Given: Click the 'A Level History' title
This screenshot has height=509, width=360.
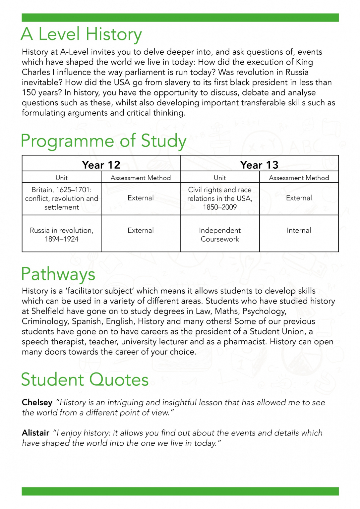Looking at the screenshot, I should [81, 34].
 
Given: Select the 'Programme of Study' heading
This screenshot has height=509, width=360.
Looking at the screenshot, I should [103, 141].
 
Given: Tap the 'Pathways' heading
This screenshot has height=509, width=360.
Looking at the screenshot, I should [58, 274].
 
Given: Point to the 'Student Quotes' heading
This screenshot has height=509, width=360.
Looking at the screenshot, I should [85, 379].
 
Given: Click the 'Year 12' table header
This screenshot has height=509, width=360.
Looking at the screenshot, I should [101, 165].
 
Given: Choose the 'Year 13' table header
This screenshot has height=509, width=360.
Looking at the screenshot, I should [259, 165].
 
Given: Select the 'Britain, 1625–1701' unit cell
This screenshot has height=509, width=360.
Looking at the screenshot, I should [62, 198].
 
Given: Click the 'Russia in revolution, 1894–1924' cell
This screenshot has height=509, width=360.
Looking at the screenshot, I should [62, 235].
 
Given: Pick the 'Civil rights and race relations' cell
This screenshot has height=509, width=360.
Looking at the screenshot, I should [220, 198].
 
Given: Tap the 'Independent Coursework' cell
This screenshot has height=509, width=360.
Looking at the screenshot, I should [220, 235].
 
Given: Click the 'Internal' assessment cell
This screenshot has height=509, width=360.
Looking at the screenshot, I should [299, 230].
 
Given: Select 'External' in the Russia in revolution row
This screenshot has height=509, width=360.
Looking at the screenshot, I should [141, 230].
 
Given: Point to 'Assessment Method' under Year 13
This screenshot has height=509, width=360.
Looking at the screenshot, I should [299, 178].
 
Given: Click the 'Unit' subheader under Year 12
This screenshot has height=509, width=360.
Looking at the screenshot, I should [62, 178].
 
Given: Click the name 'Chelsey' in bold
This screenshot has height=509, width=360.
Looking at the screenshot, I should [37, 402].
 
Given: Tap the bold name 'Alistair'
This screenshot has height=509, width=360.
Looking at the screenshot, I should [35, 433].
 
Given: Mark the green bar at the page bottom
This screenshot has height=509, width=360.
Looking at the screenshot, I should [180, 491].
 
